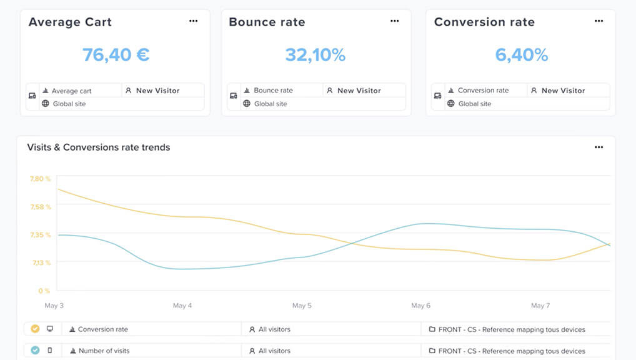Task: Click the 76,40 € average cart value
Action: pos(116,55)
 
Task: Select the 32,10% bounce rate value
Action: pos(315,55)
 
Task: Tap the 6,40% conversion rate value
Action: pos(521,55)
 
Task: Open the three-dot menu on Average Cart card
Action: pos(194,21)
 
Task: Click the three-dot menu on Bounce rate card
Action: pos(395,21)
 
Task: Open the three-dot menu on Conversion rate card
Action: pos(599,21)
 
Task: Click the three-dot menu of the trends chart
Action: pos(599,147)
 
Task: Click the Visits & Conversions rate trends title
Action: pos(99,147)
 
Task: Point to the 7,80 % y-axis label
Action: pos(40,179)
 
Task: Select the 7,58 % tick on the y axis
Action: pos(40,207)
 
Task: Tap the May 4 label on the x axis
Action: pos(182,306)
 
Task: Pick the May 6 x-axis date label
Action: pos(421,306)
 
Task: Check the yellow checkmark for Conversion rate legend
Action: pos(35,329)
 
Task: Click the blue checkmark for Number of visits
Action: pos(35,351)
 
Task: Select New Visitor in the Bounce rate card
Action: pos(359,91)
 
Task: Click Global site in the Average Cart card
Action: pos(69,104)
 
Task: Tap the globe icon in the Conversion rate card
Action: pos(451,104)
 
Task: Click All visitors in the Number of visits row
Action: pos(274,351)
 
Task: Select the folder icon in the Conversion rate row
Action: pos(432,329)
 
